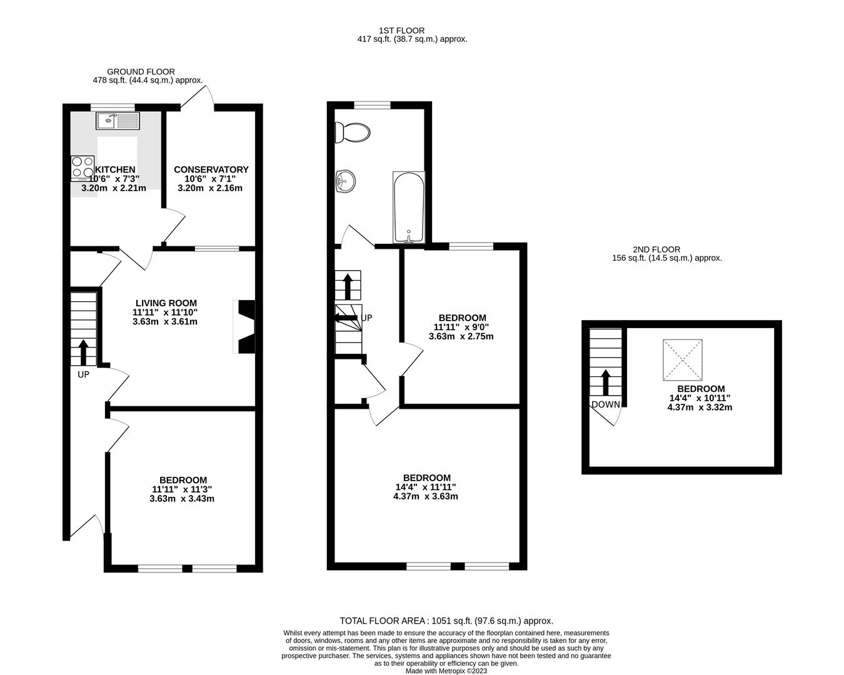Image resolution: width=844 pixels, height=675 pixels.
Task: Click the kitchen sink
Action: click(118, 121)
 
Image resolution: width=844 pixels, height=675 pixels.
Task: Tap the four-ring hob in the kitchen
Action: click(83, 168)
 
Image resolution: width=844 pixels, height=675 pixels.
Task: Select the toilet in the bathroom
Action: click(352, 132)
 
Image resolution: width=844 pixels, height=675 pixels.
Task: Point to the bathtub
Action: click(409, 207)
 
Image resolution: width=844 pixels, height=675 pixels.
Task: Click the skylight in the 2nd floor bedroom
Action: click(683, 360)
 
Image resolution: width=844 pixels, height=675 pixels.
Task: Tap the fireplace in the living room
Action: click(244, 327)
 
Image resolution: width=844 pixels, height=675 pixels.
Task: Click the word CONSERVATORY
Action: click(211, 169)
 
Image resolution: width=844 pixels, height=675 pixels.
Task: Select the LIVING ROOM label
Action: click(166, 302)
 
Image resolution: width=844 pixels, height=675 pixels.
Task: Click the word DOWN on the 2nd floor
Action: click(606, 404)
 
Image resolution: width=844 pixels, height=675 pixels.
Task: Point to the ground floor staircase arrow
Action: click(83, 352)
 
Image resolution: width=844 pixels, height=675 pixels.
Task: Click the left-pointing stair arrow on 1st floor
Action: click(344, 317)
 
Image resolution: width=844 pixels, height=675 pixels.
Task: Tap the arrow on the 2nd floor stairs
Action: click(606, 382)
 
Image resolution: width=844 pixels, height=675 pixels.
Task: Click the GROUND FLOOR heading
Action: click(141, 72)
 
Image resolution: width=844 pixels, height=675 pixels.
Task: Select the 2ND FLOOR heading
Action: click(656, 249)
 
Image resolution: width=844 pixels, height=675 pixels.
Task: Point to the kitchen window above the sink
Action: click(113, 106)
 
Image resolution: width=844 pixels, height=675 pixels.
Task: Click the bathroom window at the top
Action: click(372, 105)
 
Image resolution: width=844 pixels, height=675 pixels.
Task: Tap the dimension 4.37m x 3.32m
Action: click(700, 407)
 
